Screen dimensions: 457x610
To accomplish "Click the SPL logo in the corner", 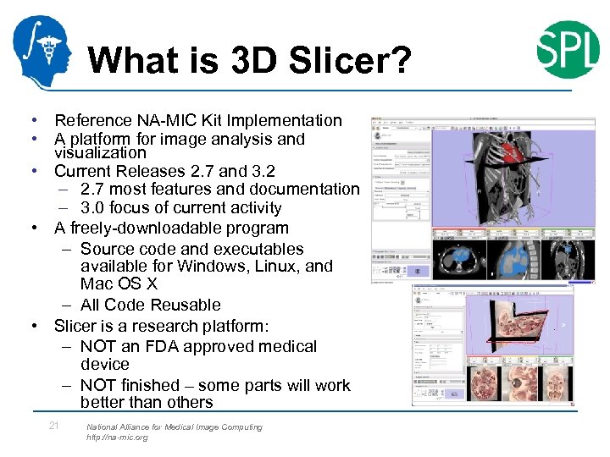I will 567,49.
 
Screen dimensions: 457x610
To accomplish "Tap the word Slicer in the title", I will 339,60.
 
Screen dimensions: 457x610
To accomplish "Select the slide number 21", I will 53,426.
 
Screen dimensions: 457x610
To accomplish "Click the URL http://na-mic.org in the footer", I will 117,438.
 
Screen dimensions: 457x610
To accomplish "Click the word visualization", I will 100,153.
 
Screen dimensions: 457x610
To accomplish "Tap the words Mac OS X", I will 119,284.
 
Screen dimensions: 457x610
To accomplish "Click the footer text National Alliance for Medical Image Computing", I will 174,427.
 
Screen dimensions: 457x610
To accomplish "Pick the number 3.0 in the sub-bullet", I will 94,208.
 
